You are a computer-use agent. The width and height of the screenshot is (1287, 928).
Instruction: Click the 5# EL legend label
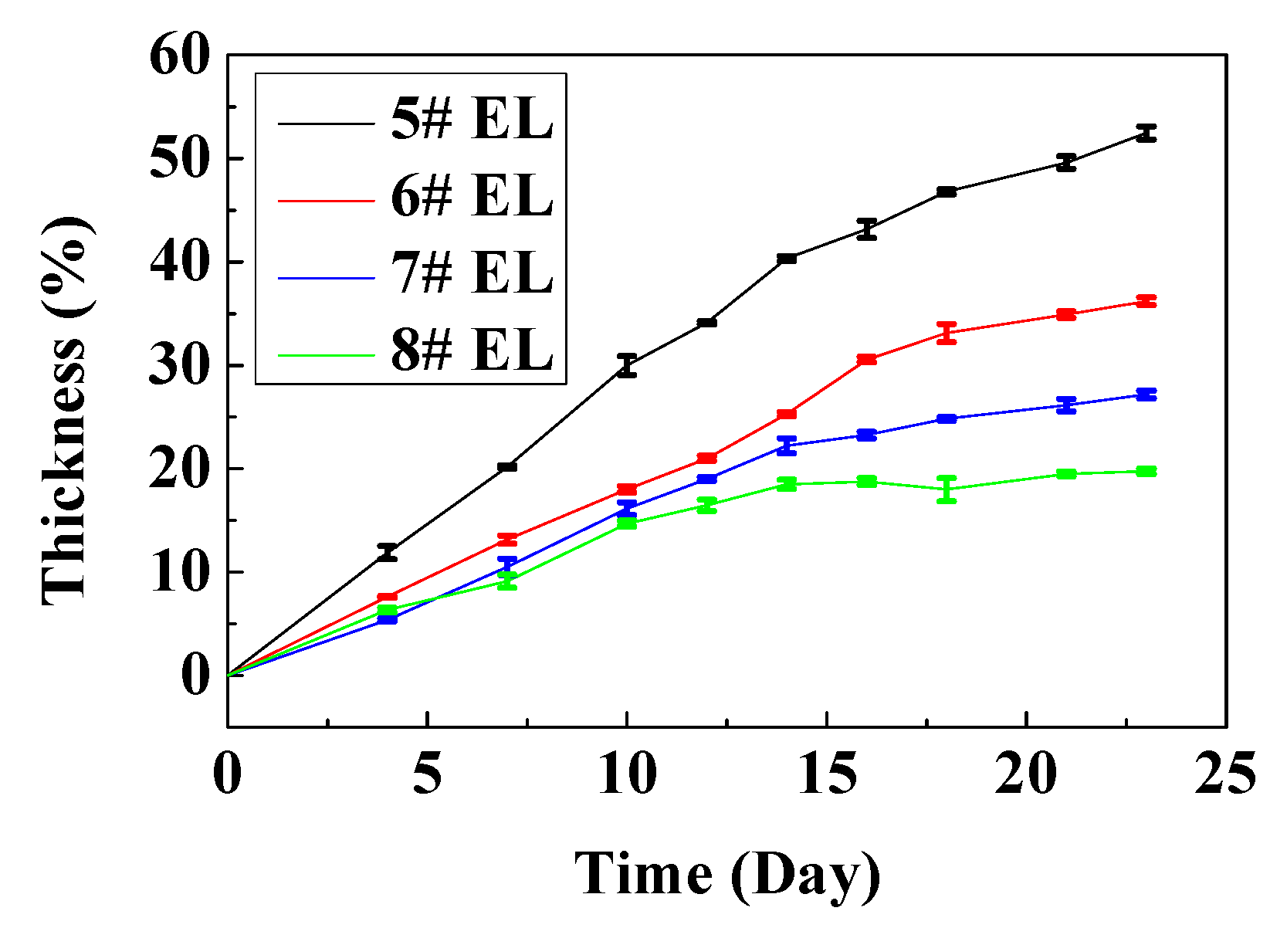pyautogui.click(x=472, y=120)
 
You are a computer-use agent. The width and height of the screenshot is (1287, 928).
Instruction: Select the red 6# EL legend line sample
pyautogui.click(x=326, y=199)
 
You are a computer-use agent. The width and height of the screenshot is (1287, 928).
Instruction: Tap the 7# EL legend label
pyautogui.click(x=472, y=273)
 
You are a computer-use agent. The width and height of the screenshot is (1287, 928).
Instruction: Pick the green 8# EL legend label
pyautogui.click(x=472, y=350)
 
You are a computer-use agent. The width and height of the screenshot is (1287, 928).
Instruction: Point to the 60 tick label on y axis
pyautogui.click(x=179, y=56)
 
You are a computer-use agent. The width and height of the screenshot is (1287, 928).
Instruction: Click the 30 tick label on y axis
pyautogui.click(x=179, y=365)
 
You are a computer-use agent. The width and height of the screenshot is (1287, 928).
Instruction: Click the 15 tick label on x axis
pyautogui.click(x=826, y=774)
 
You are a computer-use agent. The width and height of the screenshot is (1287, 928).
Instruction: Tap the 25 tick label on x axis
pyautogui.click(x=1225, y=774)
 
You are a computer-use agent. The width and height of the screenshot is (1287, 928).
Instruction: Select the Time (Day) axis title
pyautogui.click(x=726, y=874)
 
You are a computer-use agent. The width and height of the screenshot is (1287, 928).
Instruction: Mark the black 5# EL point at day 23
pyautogui.click(x=1146, y=133)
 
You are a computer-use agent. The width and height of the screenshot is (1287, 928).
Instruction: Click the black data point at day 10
pyautogui.click(x=627, y=365)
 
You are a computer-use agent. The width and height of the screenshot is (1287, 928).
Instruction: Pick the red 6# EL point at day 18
pyautogui.click(x=947, y=333)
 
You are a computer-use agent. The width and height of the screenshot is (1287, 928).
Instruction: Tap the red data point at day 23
pyautogui.click(x=1146, y=301)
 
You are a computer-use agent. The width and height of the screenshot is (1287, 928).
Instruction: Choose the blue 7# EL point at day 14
pyautogui.click(x=787, y=445)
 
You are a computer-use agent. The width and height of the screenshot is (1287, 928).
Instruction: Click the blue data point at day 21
pyautogui.click(x=1066, y=405)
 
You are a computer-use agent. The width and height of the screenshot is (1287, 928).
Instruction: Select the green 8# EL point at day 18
pyautogui.click(x=947, y=489)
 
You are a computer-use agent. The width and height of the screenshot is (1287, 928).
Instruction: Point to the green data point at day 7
pyautogui.click(x=507, y=581)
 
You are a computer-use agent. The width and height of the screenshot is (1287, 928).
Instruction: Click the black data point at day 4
pyautogui.click(x=388, y=552)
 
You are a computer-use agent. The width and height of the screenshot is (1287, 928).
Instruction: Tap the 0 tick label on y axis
pyautogui.click(x=195, y=676)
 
